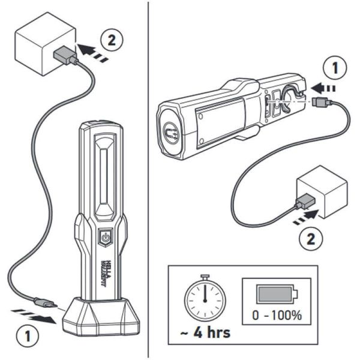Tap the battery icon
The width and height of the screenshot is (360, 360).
(275, 294)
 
